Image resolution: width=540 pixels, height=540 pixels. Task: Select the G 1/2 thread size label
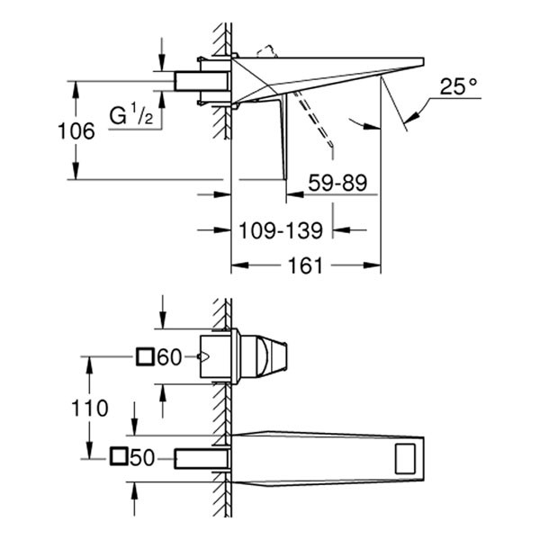pyautogui.click(x=130, y=115)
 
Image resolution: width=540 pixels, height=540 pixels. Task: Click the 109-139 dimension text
pyautogui.click(x=281, y=230)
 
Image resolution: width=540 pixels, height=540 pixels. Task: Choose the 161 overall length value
pyautogui.click(x=305, y=265)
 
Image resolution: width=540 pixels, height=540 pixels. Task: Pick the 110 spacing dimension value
pyautogui.click(x=90, y=407)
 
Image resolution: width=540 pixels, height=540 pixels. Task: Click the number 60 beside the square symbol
pyautogui.click(x=170, y=357)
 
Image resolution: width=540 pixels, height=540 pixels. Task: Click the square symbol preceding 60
pyautogui.click(x=146, y=357)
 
